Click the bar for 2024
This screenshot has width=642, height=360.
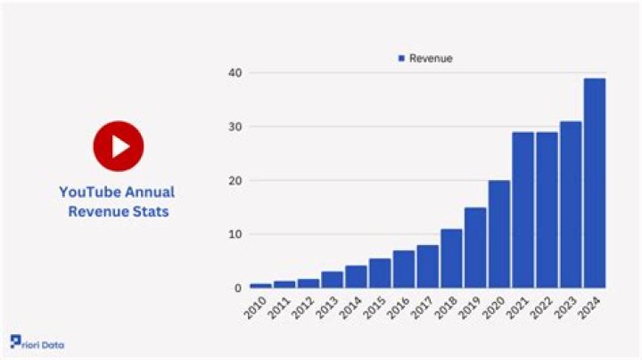click(595, 183)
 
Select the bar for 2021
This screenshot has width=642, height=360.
click(523, 210)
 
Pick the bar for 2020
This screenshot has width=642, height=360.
click(499, 234)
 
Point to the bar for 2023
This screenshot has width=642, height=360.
click(571, 205)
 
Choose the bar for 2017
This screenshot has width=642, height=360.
click(428, 266)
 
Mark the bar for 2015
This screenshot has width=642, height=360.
click(380, 274)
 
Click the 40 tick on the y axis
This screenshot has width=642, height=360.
click(233, 72)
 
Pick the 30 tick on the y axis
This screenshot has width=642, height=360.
click(233, 127)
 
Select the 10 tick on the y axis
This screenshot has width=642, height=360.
click(233, 234)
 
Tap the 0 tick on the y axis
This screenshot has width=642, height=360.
click(235, 289)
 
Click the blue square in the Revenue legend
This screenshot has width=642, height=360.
click(401, 59)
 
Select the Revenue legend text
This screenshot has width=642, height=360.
click(431, 59)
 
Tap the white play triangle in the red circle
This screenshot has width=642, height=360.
click(119, 146)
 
